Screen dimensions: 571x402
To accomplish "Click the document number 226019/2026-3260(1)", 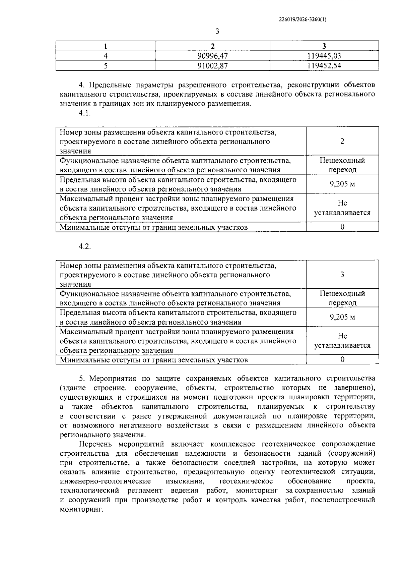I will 303,19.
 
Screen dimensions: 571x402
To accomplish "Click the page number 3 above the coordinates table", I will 217,32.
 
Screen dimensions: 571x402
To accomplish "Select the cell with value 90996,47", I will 213,56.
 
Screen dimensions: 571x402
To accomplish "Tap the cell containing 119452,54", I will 324,66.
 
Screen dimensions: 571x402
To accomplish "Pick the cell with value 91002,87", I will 213,66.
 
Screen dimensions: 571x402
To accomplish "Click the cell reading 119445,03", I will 324,56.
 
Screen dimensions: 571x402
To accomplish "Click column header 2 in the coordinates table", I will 213,46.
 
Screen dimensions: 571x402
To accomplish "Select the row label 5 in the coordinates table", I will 106,66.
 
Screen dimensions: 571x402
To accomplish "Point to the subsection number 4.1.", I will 85,113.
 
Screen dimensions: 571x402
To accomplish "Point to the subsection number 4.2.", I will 85,246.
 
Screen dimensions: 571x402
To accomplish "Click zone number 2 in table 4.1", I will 342,141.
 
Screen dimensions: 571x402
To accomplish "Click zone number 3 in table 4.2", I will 342,274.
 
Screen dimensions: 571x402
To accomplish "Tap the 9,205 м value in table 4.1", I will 342,184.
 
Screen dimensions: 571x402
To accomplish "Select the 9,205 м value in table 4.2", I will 342,317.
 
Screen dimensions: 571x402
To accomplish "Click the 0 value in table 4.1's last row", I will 342,227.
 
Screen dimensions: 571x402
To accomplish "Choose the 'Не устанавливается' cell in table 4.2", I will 342,341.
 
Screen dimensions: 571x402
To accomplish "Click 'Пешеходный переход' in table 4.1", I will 342,165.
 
